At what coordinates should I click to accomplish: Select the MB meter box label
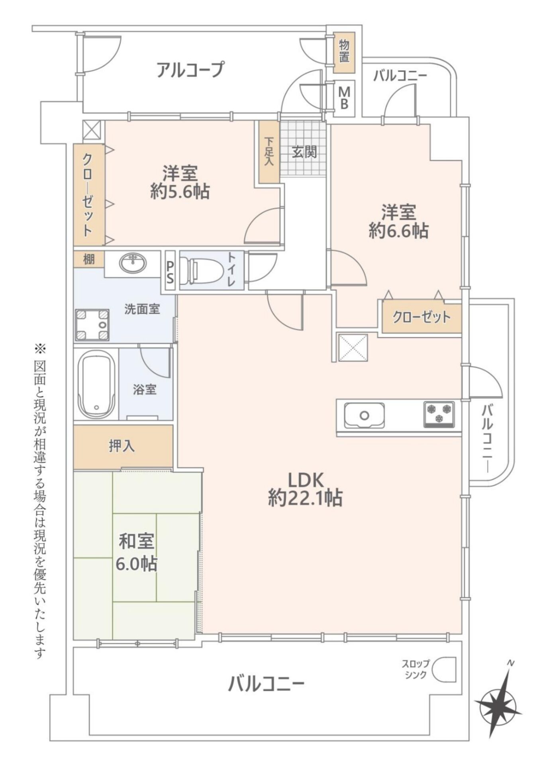point(344,98)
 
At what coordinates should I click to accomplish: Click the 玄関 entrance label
point(304,152)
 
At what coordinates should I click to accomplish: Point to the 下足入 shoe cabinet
point(269,152)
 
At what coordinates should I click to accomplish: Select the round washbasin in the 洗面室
point(133,263)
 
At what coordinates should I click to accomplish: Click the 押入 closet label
point(122,446)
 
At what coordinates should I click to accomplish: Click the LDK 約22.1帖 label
point(305,488)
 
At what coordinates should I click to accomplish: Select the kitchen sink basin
point(364,415)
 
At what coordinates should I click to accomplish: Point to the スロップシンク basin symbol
point(444,669)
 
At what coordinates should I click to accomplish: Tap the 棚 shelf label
point(89,259)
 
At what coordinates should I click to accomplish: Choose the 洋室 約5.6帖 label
point(180,182)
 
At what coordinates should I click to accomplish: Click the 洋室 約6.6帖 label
point(398,222)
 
